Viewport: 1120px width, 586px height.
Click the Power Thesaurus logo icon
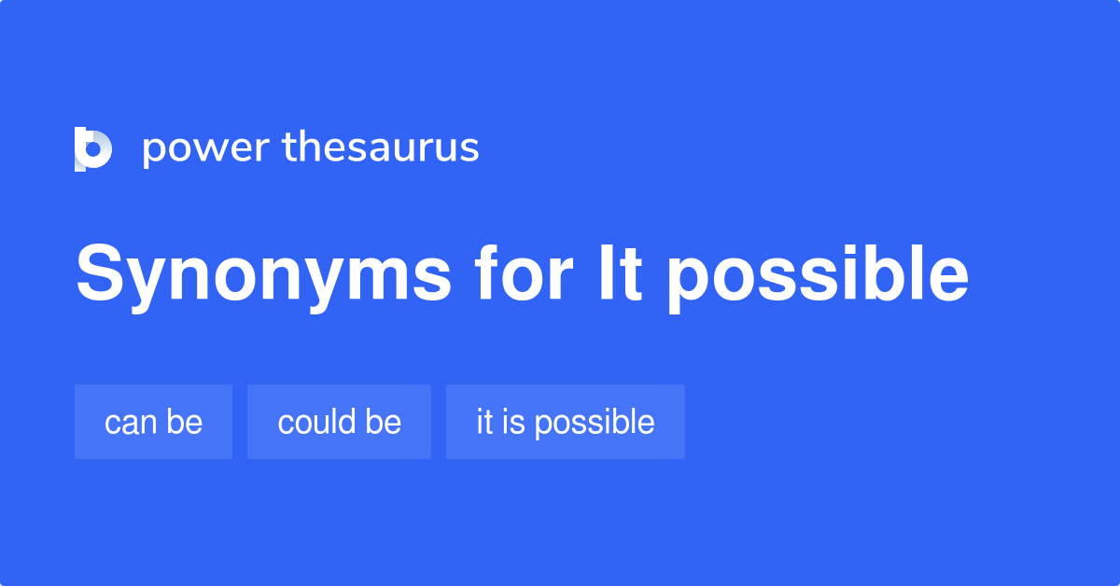tap(93, 149)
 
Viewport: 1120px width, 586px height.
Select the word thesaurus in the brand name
tap(381, 147)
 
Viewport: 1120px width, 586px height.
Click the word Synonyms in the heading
tap(263, 276)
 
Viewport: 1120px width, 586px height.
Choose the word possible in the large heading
tap(817, 276)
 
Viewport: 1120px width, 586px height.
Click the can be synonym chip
tap(153, 422)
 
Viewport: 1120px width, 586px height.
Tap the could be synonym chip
tap(339, 422)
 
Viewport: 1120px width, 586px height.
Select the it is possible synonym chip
tap(566, 422)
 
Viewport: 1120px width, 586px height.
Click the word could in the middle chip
tap(315, 422)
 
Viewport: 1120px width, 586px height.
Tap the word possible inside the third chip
tap(595, 423)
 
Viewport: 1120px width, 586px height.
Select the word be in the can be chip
tap(185, 422)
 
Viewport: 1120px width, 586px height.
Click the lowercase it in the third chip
tap(484, 422)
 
